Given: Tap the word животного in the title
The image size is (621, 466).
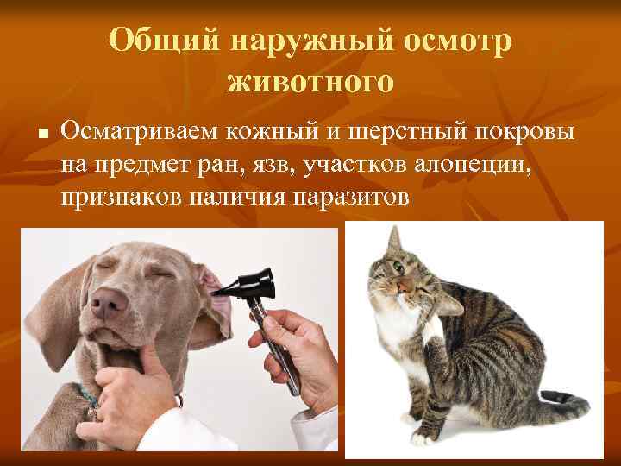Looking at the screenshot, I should (310, 83).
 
